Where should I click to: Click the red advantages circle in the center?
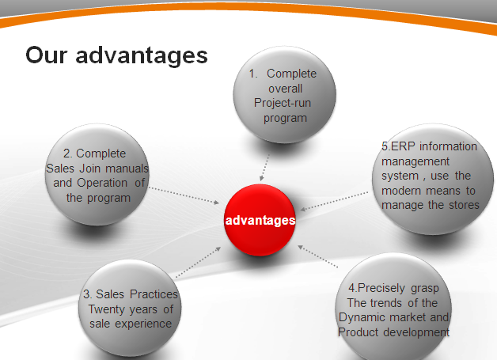click(260, 220)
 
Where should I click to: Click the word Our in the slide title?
click(46, 55)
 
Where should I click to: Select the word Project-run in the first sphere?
click(283, 104)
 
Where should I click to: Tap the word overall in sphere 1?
click(285, 89)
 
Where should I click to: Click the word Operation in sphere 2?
click(102, 184)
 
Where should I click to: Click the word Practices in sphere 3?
click(154, 294)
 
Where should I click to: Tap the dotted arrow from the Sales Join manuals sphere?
click(184, 195)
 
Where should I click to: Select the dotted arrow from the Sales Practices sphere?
click(198, 262)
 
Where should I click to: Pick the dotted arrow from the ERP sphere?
click(334, 201)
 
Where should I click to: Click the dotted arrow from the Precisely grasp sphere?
click(317, 256)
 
